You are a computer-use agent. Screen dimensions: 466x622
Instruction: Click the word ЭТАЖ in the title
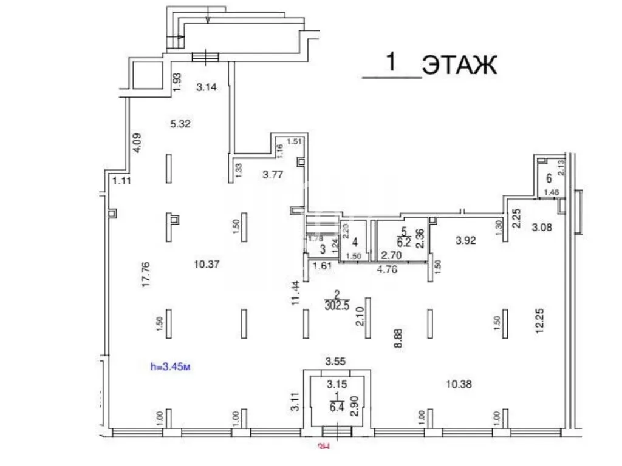pyautogui.click(x=460, y=64)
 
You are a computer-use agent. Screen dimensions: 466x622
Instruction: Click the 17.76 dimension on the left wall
pyautogui.click(x=146, y=275)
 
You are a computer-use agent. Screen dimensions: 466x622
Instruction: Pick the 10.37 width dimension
pyautogui.click(x=206, y=264)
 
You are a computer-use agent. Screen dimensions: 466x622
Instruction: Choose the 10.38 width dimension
pyautogui.click(x=459, y=383)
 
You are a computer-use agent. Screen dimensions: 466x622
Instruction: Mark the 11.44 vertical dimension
pyautogui.click(x=296, y=292)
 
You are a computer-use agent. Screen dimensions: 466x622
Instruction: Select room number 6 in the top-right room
pyautogui.click(x=549, y=178)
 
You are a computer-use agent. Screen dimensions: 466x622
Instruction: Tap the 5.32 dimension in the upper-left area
pyautogui.click(x=181, y=124)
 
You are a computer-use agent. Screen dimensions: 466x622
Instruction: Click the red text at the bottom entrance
pyautogui.click(x=324, y=448)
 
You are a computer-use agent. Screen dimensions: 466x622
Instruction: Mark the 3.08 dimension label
pyautogui.click(x=542, y=228)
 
